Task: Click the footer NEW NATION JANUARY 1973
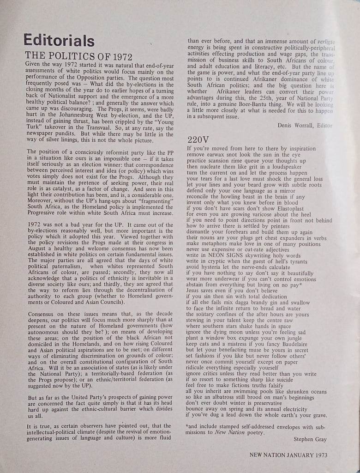point(288,455)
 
